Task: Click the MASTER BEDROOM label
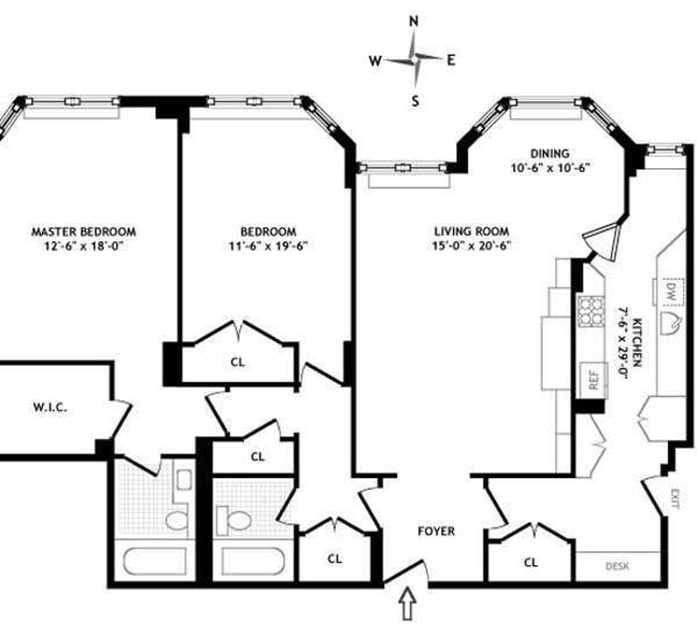tap(84, 232)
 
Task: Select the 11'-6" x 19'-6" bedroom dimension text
tap(267, 246)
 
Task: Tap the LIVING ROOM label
tap(472, 232)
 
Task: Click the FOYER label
tap(435, 530)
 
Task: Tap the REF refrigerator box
tap(593, 381)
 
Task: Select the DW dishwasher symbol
tap(671, 291)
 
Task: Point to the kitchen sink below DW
tap(672, 326)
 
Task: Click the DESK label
tap(617, 566)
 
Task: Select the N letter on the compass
tap(415, 21)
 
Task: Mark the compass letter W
tap(375, 60)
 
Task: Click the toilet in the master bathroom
tap(177, 522)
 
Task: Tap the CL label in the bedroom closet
tap(237, 361)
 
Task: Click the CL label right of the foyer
tap(531, 563)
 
